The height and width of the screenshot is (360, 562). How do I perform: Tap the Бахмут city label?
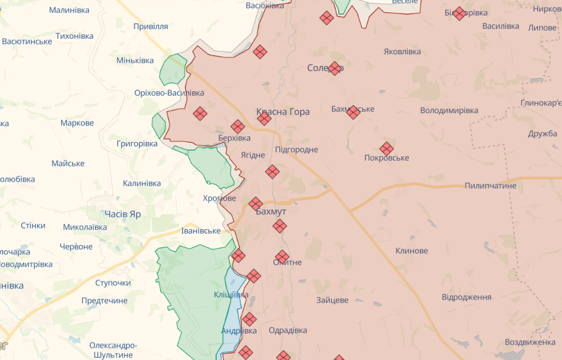pos(271,212)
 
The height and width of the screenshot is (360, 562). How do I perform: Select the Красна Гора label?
pos(283,112)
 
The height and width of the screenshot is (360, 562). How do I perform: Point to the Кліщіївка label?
pos(231,295)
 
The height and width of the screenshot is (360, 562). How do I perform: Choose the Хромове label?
pos(219,198)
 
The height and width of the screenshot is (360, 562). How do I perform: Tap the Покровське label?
pos(387,158)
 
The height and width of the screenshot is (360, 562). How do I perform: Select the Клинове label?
pos(412,251)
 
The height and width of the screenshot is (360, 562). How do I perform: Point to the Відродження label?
pos(466,297)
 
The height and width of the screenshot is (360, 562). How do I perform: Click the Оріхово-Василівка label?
pos(169,93)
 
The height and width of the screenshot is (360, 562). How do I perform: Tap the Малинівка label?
pos(69,10)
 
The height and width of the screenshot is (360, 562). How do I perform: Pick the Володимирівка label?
pos(449,111)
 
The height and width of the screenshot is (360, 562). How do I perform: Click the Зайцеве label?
pos(332,300)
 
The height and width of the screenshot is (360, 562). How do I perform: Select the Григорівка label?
pos(137,143)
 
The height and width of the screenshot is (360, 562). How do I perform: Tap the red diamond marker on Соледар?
pos(335,68)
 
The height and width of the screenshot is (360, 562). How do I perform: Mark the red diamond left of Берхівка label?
pos(199,114)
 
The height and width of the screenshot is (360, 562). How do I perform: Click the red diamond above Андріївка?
pos(249,319)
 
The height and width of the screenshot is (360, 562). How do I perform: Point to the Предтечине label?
pos(104,301)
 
